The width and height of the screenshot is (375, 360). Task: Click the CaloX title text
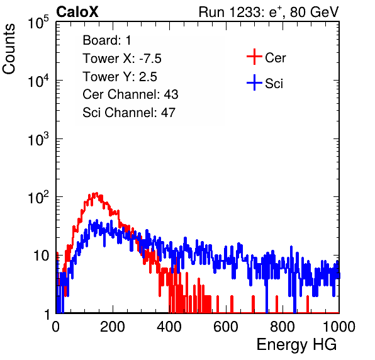point(77,12)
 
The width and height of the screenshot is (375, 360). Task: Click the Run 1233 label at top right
point(269,13)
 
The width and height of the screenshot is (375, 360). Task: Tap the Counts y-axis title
point(9,49)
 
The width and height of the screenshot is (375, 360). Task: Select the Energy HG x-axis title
point(296,345)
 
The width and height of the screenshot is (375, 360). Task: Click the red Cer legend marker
point(254,57)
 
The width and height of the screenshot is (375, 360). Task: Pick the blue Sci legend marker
point(254,82)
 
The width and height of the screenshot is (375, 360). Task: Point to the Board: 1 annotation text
point(107,40)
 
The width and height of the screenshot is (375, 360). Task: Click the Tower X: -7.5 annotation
point(122,59)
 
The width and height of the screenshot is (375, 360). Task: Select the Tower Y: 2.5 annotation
point(120,77)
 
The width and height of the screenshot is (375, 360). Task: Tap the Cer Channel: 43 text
point(130,94)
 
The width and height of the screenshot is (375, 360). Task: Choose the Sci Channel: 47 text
point(129,113)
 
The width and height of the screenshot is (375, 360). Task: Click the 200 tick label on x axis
point(113,327)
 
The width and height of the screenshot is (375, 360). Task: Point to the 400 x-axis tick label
point(169,327)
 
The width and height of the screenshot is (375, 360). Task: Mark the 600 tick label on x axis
point(226,327)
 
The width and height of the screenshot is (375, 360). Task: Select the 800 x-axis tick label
point(283,327)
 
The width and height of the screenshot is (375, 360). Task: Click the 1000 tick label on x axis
point(339,327)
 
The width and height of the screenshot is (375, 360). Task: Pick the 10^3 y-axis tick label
point(38,139)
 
